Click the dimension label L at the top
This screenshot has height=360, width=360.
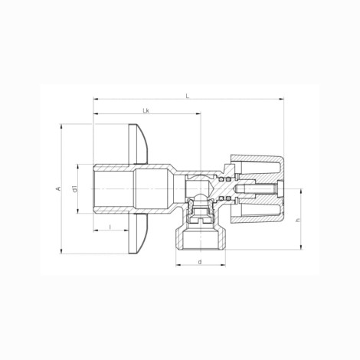click(187, 94)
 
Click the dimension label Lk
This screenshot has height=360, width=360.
click(146, 113)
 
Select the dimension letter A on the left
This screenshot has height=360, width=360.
click(58, 188)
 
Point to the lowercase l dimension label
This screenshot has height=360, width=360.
click(110, 227)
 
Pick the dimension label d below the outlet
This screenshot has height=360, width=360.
click(199, 262)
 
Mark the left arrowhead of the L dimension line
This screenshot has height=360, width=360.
click(96, 99)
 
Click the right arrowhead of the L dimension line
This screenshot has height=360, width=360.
click(281, 99)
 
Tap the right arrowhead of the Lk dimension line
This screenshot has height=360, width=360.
click(198, 117)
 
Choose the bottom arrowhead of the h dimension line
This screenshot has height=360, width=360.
click(292, 249)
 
